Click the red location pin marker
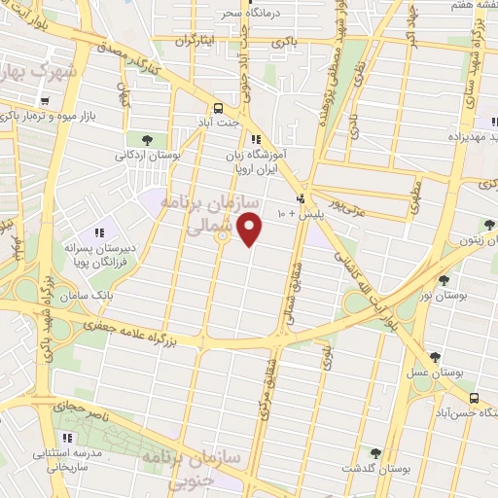pos(251,229)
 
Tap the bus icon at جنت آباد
pos(220,109)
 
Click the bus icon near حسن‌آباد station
pos(474,399)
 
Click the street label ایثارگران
pos(194,41)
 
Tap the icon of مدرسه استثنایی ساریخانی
pos(68,438)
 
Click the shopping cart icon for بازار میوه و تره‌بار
pos(45,100)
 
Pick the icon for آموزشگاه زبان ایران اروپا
pos(256,139)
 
